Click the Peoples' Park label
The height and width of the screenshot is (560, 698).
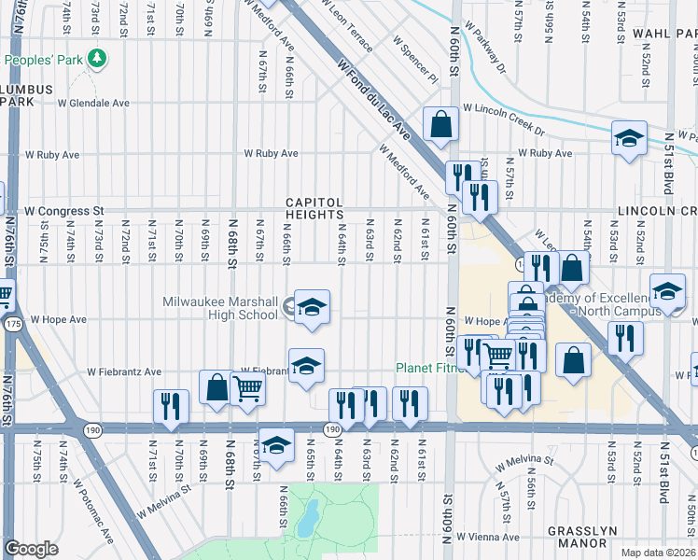[x=44, y=60]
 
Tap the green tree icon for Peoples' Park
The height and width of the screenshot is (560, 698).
[x=95, y=60]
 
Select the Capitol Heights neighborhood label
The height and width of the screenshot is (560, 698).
[x=314, y=208]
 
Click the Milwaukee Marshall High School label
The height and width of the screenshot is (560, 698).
[x=220, y=307]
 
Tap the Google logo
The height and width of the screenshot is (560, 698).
[x=31, y=548]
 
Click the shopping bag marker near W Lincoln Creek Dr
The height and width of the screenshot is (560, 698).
[x=440, y=122]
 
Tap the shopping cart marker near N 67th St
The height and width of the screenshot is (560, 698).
[x=247, y=386]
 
